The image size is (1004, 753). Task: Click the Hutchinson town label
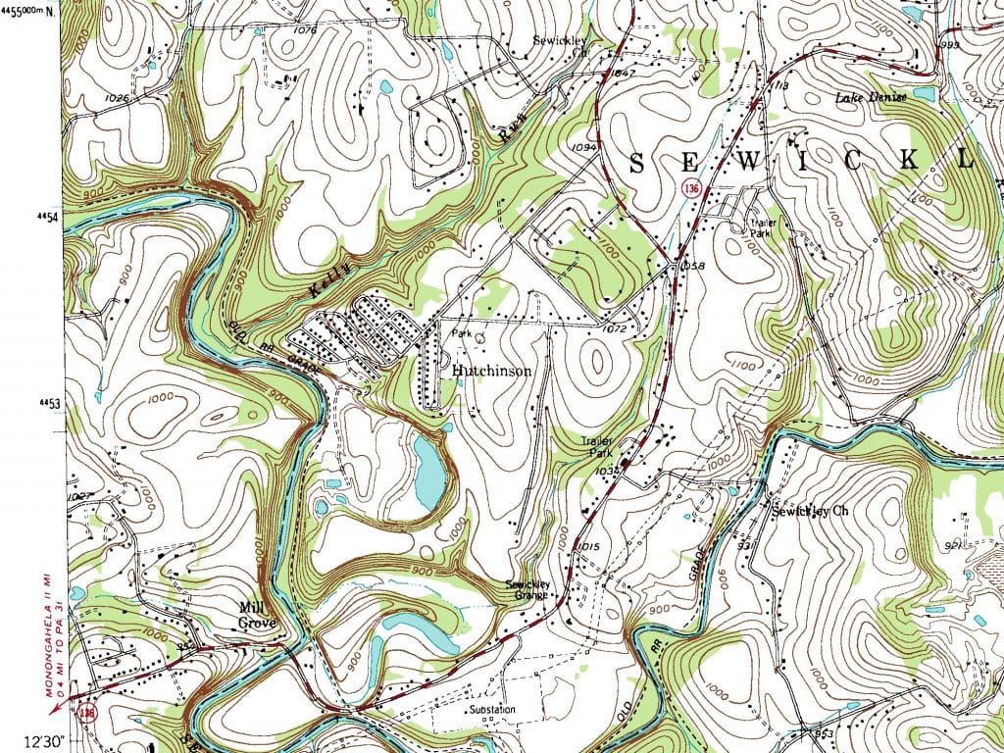point(492,372)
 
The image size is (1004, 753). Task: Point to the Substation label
point(492,708)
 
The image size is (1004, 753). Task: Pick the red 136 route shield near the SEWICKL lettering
point(692,188)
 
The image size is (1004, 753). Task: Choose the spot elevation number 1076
point(305,30)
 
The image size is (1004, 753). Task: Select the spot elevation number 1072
point(615,329)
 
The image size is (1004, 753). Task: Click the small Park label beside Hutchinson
point(462,334)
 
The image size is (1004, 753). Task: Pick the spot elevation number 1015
point(588,546)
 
